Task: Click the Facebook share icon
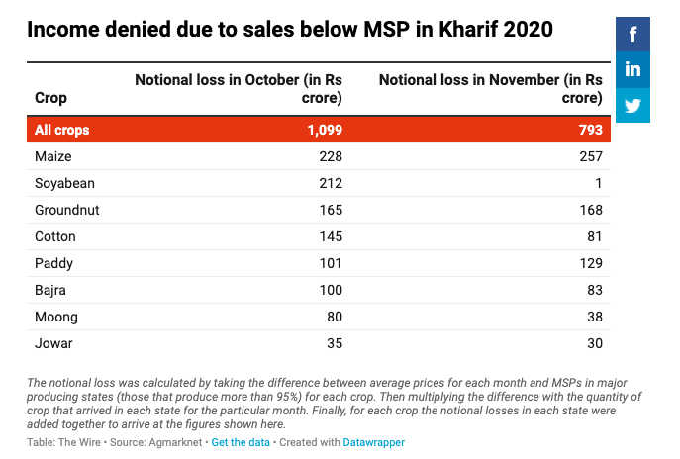[632, 35]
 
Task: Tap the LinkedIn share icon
[632, 70]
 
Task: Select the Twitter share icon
[632, 105]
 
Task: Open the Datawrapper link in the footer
[373, 442]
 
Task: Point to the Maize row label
[53, 156]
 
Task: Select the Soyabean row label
[64, 183]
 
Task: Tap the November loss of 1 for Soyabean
[599, 183]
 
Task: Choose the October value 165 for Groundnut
[331, 210]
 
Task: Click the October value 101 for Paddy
[331, 263]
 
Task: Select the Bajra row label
[51, 290]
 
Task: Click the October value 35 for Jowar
[334, 343]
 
